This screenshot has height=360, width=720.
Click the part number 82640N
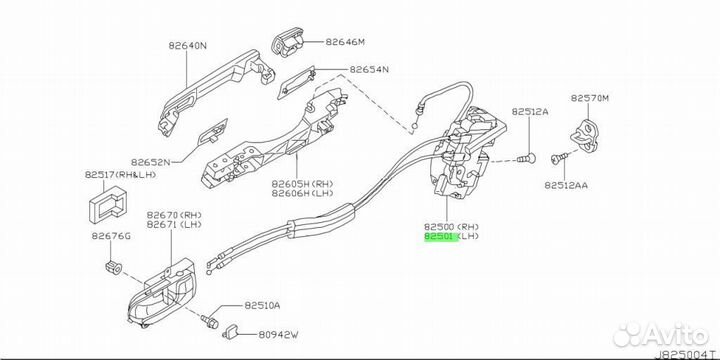click(x=188, y=46)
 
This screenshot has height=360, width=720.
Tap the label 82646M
click(x=345, y=42)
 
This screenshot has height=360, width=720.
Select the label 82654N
click(x=369, y=70)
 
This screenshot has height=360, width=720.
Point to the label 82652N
click(x=150, y=162)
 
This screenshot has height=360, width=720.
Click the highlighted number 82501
click(x=439, y=236)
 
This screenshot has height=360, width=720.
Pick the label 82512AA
click(x=566, y=186)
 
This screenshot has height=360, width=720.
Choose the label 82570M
click(x=590, y=98)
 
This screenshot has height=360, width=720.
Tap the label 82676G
click(x=111, y=236)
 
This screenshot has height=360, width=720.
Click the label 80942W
click(x=277, y=336)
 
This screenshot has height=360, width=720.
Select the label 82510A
click(x=262, y=305)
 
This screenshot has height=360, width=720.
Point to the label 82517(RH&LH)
click(x=120, y=174)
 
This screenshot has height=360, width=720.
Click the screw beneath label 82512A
click(x=527, y=158)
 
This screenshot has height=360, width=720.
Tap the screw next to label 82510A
click(x=209, y=321)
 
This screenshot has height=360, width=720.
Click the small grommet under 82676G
click(x=113, y=267)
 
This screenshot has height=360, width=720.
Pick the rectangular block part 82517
click(x=106, y=206)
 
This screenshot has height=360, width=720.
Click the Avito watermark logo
click(x=660, y=334)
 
